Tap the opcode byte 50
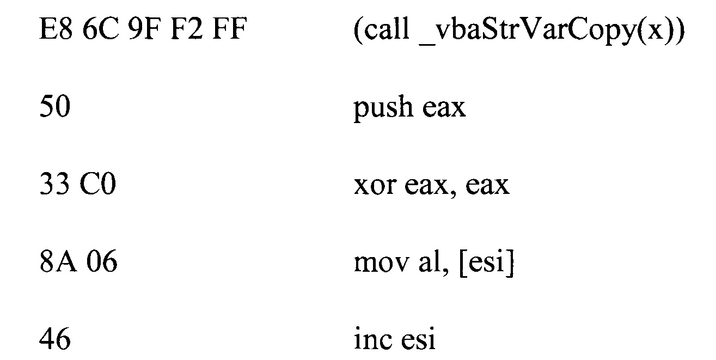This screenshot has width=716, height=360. click(x=55, y=107)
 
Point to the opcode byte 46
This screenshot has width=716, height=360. click(x=55, y=341)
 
